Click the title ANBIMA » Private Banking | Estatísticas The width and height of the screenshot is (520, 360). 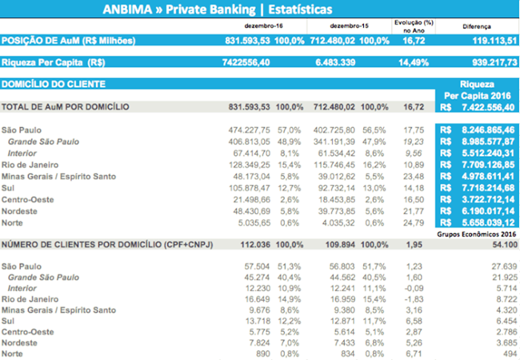click(218, 9)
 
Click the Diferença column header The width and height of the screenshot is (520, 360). click(476, 26)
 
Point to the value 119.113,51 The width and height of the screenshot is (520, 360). click(490, 40)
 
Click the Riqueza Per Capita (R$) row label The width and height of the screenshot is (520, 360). click(54, 62)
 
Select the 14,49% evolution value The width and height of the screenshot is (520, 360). click(410, 62)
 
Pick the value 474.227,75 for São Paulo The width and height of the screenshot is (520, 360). click(250, 130)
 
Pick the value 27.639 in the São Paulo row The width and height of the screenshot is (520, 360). click(502, 266)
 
